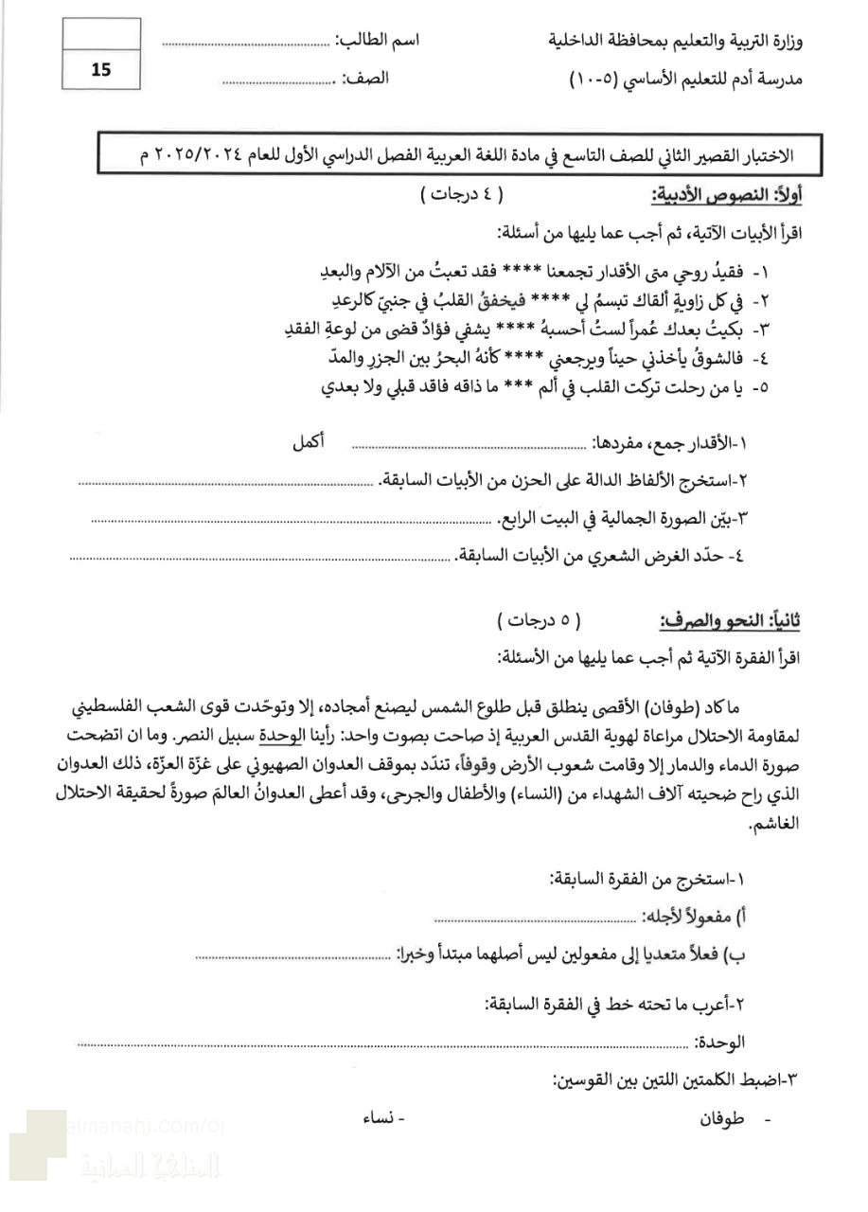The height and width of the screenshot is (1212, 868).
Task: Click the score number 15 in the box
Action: [x=100, y=69]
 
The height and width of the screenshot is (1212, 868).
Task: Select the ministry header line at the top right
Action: [x=675, y=41]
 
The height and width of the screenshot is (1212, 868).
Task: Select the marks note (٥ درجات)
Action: [x=539, y=621]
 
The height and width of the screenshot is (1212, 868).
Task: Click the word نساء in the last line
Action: [x=380, y=1118]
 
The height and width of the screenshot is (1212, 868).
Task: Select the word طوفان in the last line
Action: [x=721, y=1118]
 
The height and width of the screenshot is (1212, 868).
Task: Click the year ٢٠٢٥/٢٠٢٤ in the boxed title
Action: [x=209, y=154]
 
